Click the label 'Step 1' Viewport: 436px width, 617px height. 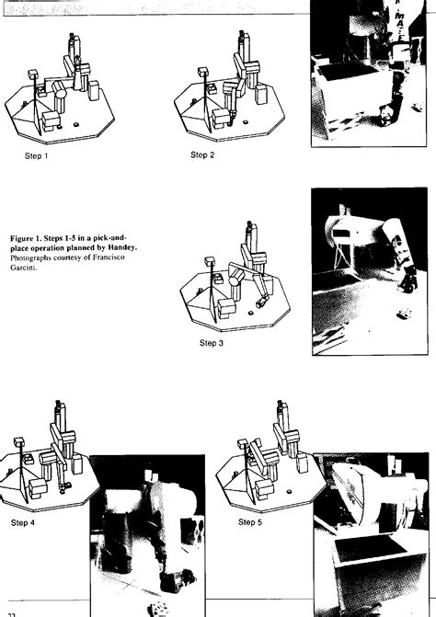(36, 156)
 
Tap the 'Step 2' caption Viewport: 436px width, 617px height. (202, 154)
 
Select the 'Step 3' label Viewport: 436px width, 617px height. (212, 343)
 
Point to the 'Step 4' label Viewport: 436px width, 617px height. (23, 523)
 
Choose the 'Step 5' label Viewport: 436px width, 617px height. (250, 522)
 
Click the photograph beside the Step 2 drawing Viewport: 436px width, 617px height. (373, 78)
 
